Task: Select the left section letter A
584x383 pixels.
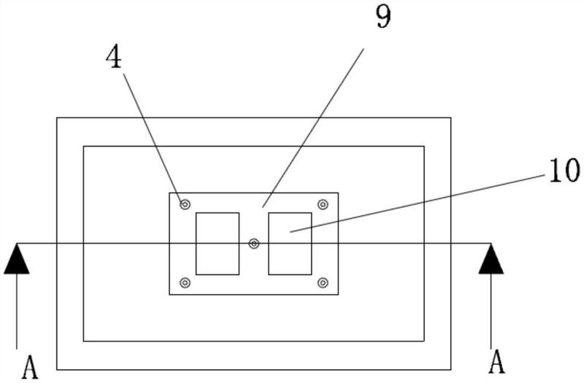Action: click(x=29, y=367)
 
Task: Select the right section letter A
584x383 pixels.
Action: click(x=497, y=361)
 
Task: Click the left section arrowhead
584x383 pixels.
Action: click(x=16, y=260)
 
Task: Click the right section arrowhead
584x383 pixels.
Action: click(x=491, y=260)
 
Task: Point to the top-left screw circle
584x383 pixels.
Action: click(x=185, y=205)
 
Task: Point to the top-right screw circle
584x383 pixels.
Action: click(x=323, y=204)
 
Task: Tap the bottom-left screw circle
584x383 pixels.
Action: click(x=185, y=282)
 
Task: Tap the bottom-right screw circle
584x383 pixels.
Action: click(x=323, y=282)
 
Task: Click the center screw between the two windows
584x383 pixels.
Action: click(x=253, y=244)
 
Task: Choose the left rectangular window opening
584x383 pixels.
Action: click(x=218, y=244)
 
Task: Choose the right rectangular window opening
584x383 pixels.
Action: click(x=290, y=244)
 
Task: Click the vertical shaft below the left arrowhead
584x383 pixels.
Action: click(x=16, y=314)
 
